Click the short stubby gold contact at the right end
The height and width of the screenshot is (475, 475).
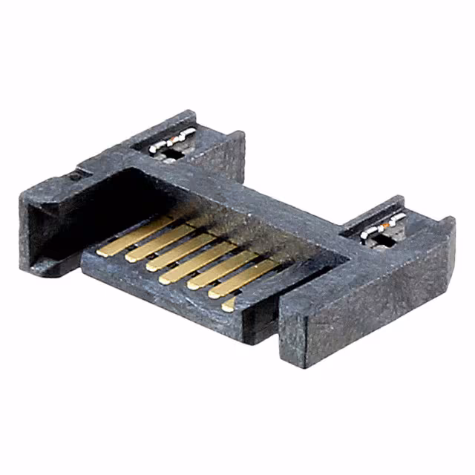tap(230, 302)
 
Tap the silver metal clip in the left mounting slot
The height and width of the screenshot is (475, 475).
tap(172, 140)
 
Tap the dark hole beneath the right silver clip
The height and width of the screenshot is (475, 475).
tap(371, 239)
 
